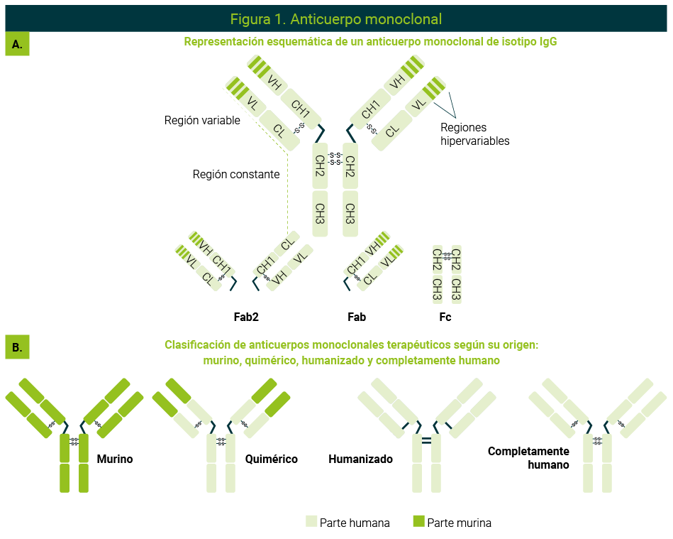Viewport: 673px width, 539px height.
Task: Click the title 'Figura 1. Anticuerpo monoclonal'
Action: (x=335, y=19)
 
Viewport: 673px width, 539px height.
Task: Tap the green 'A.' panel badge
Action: (x=17, y=44)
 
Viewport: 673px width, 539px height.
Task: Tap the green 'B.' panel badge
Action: (x=17, y=347)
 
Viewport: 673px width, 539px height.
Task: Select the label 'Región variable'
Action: (x=202, y=120)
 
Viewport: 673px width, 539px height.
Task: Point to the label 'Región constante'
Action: (x=236, y=174)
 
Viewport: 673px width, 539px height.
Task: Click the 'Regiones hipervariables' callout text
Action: (x=474, y=134)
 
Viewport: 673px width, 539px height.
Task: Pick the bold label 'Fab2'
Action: (x=246, y=317)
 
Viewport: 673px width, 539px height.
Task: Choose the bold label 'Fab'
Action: (x=357, y=317)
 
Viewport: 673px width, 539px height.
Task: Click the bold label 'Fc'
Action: (x=445, y=317)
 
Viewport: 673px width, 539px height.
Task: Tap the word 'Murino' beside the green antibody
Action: (x=115, y=459)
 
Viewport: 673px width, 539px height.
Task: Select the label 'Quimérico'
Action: (x=272, y=459)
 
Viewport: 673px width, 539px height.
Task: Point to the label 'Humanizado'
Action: (x=360, y=459)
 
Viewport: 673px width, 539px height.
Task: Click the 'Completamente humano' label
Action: (x=528, y=458)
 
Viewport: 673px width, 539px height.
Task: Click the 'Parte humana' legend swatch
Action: (x=311, y=521)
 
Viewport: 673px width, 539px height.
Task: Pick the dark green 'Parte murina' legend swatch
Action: (x=418, y=521)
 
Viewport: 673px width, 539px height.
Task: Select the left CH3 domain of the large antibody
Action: (x=321, y=214)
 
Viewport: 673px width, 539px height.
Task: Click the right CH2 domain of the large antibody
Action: (x=350, y=166)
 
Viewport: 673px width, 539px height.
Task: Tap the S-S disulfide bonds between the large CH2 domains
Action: (x=335, y=158)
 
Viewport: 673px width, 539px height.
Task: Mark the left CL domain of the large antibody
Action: (x=279, y=131)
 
